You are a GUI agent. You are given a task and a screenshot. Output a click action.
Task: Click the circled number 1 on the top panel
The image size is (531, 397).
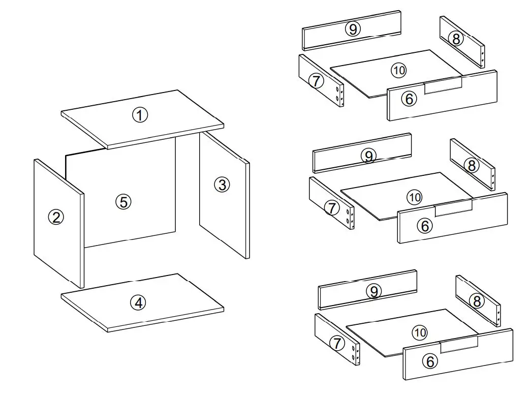tap(140, 115)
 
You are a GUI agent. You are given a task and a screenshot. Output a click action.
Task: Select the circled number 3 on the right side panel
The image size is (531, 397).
tap(222, 185)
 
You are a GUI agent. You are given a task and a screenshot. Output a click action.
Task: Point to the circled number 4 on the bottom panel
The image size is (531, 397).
tap(138, 303)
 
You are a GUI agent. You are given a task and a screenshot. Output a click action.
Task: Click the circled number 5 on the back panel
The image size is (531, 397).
tap(123, 202)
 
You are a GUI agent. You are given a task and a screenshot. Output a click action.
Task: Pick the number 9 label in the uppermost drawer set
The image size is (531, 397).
tap(353, 29)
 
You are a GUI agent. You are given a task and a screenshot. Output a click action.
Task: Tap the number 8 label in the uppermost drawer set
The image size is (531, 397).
tap(456, 39)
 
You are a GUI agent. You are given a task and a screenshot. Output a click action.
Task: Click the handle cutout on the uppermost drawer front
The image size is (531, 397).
tap(443, 86)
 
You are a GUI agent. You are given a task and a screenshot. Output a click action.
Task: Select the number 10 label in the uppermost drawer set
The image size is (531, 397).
tap(399, 70)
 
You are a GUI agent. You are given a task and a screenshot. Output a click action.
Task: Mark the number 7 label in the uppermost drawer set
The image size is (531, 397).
tap(316, 81)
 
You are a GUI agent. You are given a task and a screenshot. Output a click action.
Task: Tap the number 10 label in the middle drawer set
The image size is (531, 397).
tap(414, 197)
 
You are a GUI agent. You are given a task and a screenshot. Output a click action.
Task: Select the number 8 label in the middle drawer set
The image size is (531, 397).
tap(472, 165)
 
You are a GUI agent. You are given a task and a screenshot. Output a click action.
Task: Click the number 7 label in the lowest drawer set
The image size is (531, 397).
tap(336, 344)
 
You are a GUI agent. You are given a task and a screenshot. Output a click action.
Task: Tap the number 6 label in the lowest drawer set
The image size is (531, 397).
tap(430, 361)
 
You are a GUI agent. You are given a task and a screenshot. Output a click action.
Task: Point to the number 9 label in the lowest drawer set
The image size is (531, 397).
tap(373, 291)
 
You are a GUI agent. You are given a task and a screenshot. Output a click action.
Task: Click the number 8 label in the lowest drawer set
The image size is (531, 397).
tap(477, 301)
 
